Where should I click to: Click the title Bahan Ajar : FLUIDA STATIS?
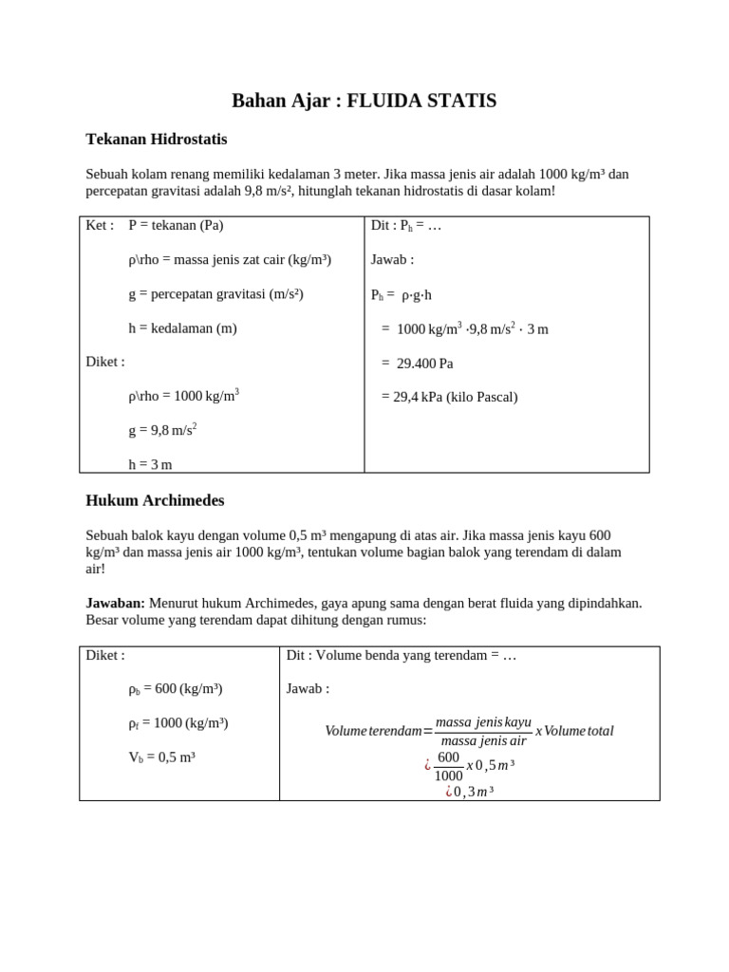[x=364, y=101]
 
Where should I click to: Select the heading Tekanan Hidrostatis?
[x=157, y=140]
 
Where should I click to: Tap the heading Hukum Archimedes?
[x=155, y=500]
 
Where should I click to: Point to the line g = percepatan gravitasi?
[x=215, y=294]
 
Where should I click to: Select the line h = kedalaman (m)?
[x=182, y=328]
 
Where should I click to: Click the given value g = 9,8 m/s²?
[x=162, y=430]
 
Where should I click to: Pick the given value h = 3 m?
[x=150, y=464]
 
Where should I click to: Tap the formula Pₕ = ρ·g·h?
[x=401, y=295]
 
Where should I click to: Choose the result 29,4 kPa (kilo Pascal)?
[x=450, y=397]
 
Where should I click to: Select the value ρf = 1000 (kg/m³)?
[x=178, y=723]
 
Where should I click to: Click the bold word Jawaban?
[x=115, y=603]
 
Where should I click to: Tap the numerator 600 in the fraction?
[x=448, y=757]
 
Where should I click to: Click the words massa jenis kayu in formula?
[x=483, y=722]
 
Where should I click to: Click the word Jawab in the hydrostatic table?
[x=391, y=260]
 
